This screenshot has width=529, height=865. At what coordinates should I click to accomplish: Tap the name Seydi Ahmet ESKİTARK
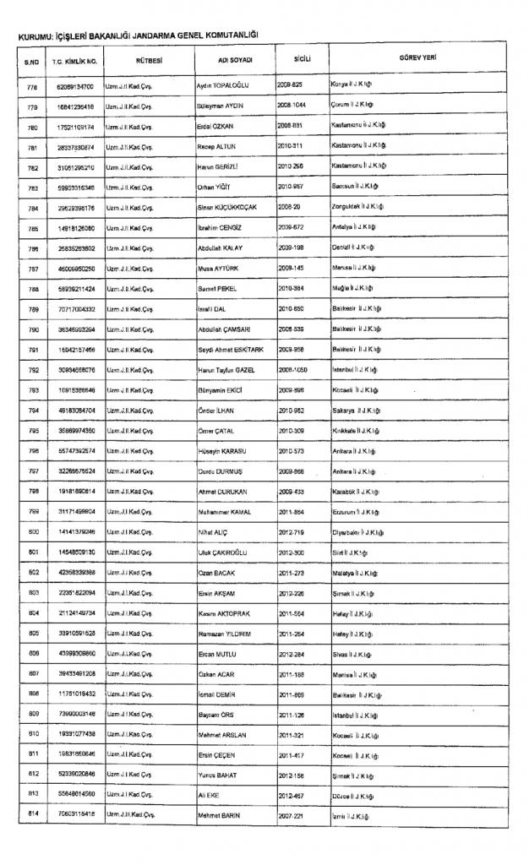[x=231, y=348]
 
